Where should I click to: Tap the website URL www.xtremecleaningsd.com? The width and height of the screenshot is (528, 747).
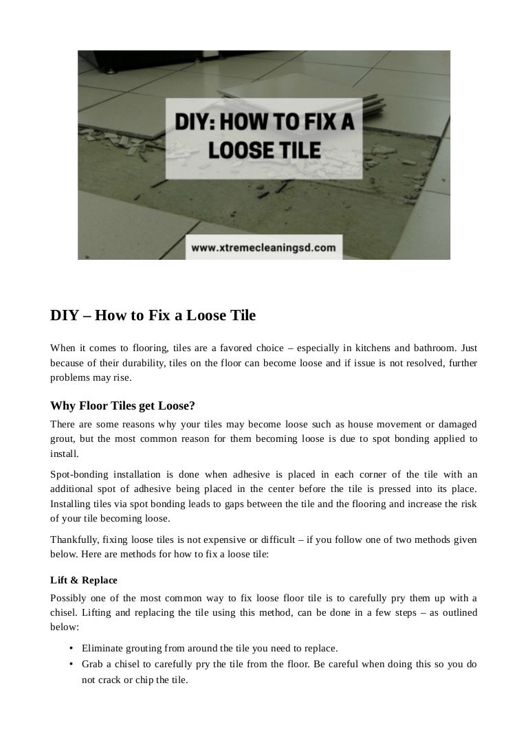pos(263,247)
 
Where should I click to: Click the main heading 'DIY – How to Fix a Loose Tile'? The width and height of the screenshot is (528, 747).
pos(153,315)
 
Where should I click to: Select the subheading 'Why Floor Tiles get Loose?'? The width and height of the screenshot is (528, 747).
pos(122,405)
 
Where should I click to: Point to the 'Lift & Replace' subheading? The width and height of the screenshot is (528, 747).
pos(84,580)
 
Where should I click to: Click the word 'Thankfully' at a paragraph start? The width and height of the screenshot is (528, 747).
pos(74,539)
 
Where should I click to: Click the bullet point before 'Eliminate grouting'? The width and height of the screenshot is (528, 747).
pos(71,648)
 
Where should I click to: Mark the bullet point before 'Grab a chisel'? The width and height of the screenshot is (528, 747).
pos(71,664)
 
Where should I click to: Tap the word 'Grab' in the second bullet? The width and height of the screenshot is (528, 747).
pos(91,664)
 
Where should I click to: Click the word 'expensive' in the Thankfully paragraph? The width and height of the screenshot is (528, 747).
pos(223,539)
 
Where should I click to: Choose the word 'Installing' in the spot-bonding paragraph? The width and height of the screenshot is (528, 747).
pos(70,504)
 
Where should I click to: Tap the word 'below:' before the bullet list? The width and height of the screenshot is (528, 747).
pos(65,627)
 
